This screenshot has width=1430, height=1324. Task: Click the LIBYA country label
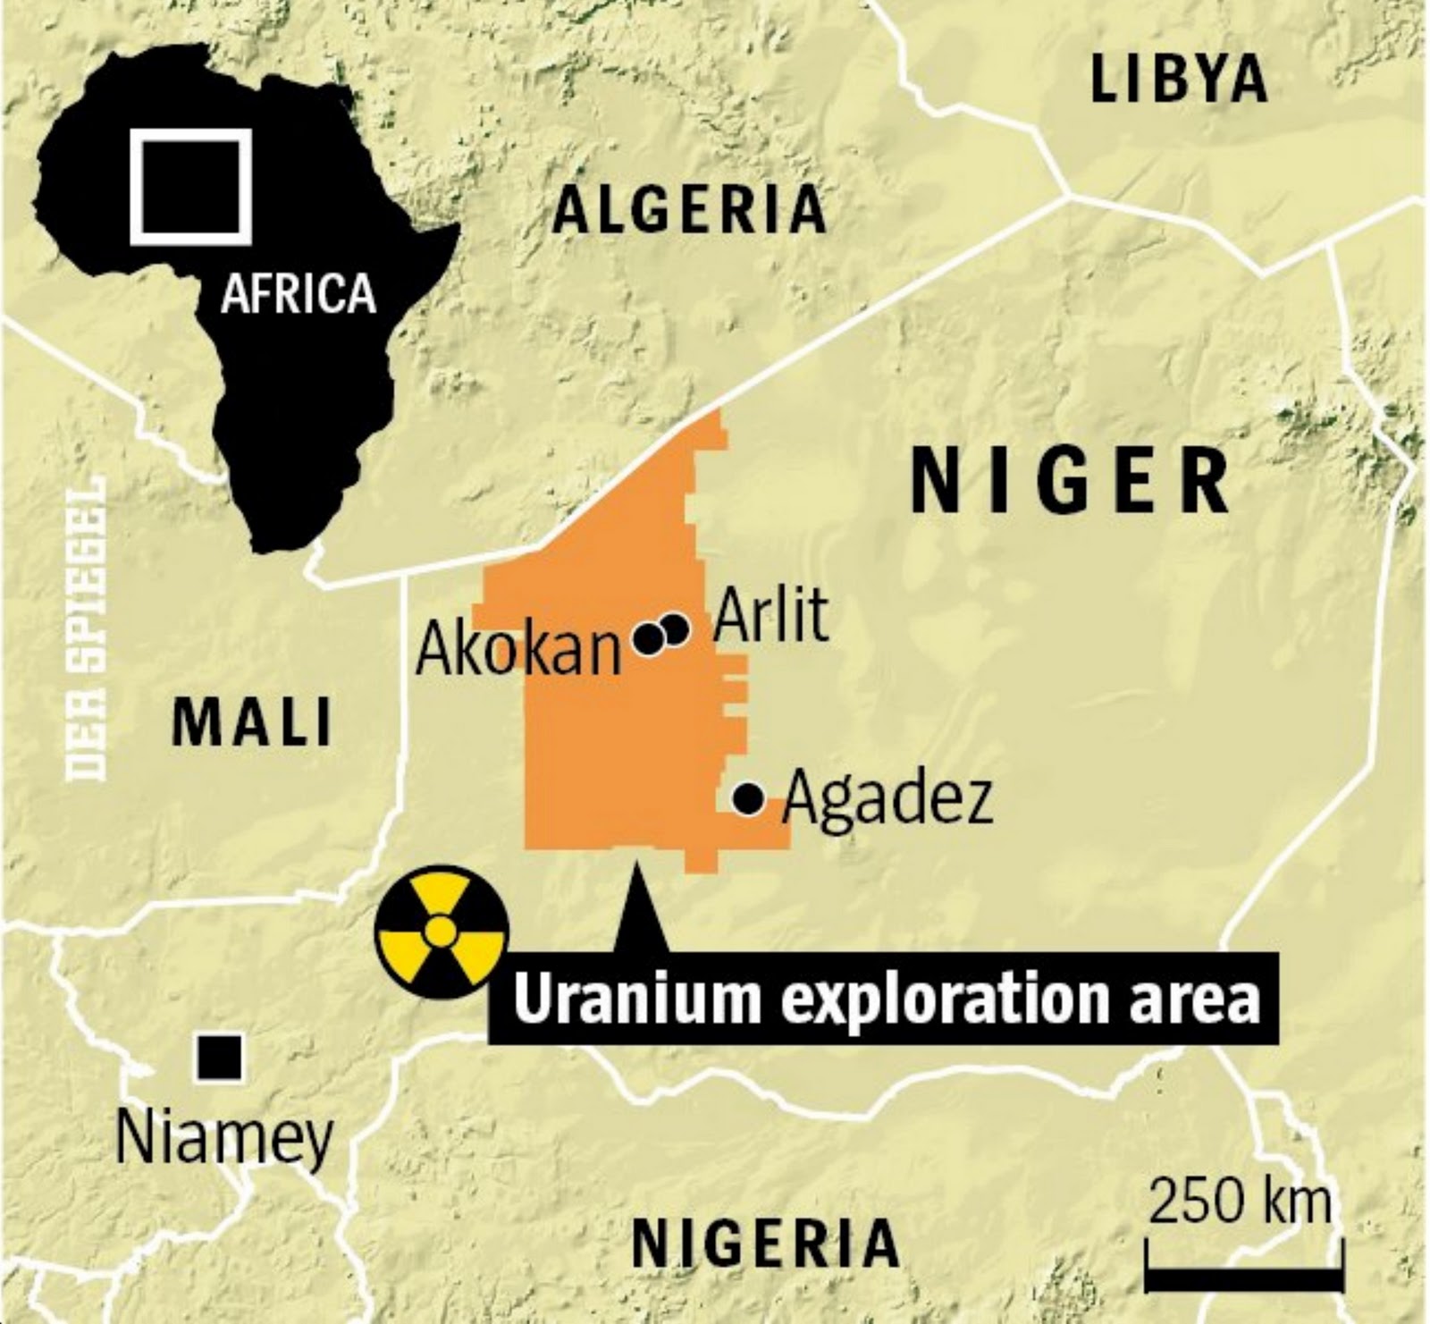coord(1179,79)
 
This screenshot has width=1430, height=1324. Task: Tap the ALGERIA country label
coord(689,210)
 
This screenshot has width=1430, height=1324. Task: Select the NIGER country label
coord(1070,483)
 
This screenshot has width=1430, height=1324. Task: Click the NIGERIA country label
coord(765,1243)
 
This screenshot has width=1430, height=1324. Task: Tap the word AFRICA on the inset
coord(299,293)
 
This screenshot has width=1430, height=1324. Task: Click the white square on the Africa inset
coord(190,187)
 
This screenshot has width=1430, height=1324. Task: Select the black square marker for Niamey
coord(219,1058)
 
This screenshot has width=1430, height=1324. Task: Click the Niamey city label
coord(224,1135)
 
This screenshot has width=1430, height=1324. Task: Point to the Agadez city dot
coord(748,797)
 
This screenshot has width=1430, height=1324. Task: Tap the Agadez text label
coord(887,799)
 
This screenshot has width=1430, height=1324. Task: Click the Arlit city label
coord(770,615)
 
